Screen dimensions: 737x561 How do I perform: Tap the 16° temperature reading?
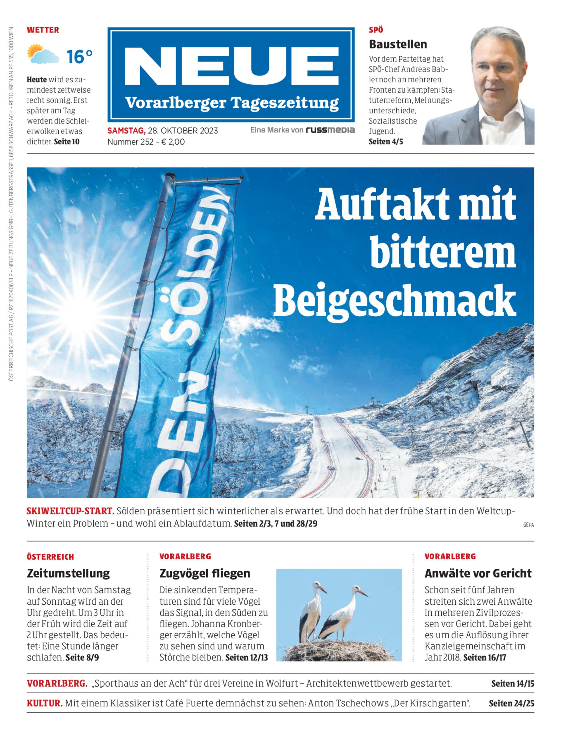point(79,56)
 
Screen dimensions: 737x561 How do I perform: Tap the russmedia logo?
point(330,130)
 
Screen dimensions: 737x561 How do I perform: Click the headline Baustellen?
point(398,44)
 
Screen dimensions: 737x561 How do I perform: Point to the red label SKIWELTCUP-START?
point(70,511)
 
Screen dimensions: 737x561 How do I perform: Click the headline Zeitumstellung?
point(68,573)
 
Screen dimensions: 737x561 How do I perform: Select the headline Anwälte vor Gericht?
point(478,573)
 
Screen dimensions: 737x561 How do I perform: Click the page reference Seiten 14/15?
point(513,684)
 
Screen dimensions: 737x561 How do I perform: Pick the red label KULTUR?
point(45,703)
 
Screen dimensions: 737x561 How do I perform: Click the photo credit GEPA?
point(529,525)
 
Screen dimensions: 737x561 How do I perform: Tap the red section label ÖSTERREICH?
point(50,557)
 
